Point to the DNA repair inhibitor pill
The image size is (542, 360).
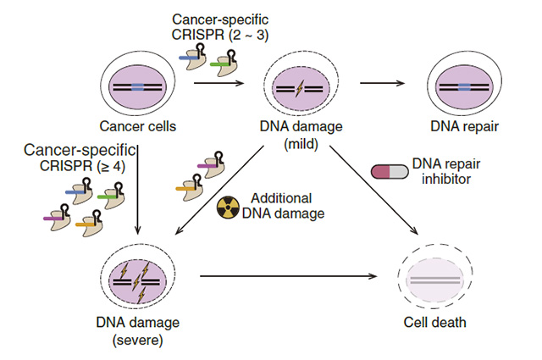(x=389, y=171)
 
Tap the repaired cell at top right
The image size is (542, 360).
(x=462, y=86)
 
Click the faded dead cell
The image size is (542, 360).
(x=433, y=278)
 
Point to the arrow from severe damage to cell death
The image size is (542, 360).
(x=288, y=276)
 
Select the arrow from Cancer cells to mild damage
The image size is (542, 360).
(x=218, y=83)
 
